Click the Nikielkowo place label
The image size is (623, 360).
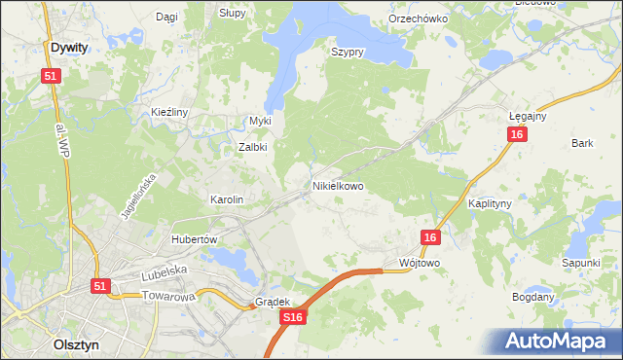338,185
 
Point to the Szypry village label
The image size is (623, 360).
347,53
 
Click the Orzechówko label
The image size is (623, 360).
417,18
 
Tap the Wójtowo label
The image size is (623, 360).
421,264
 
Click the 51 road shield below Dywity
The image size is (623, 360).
51,76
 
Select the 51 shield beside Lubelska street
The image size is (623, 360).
100,286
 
